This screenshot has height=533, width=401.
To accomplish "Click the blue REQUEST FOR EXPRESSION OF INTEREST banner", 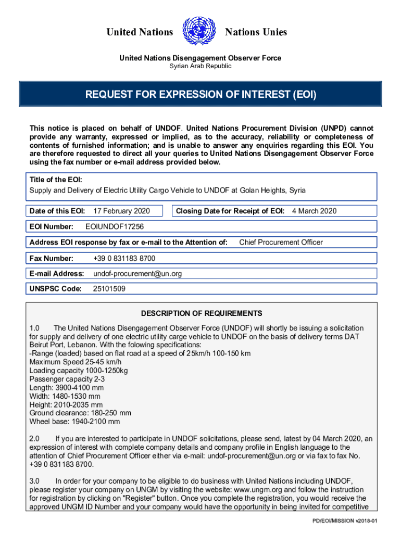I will coord(200,95).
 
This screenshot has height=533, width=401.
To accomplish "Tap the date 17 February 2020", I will coord(121,211).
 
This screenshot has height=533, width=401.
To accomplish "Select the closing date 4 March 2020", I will coord(314,211).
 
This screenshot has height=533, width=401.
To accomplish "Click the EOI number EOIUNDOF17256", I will coord(115,226).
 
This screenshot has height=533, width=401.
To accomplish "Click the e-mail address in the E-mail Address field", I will coord(137,273).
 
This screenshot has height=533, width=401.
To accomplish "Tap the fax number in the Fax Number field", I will coord(124,258).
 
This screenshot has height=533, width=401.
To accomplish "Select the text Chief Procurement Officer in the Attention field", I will coord(281,242).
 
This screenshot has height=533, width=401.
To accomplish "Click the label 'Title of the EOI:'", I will coord(56,180).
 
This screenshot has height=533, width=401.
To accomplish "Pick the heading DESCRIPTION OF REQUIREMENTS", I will coord(202,313).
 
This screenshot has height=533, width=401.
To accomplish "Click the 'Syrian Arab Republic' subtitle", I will coord(200,66).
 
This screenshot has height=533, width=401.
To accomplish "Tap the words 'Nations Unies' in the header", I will coord(256,32).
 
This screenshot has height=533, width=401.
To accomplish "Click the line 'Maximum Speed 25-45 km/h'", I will coord(76,362).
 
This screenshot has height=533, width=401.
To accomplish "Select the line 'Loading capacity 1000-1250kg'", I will coord(79,370).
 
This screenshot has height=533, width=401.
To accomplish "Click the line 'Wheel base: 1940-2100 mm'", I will coord(74,422).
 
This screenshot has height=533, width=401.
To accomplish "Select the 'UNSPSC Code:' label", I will coord(56,288).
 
